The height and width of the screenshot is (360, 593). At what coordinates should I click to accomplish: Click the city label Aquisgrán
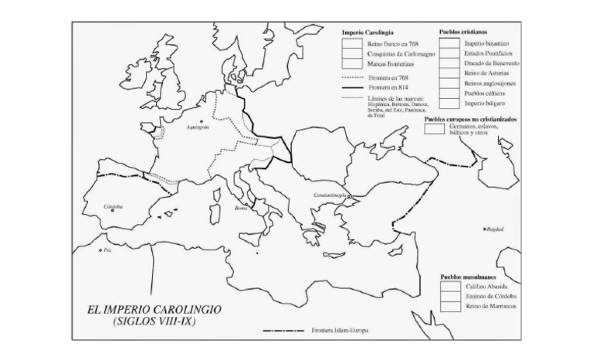(198, 128)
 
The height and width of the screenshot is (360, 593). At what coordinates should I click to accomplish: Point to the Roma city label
(241, 209)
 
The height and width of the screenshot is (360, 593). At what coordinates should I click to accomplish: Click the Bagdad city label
(494, 229)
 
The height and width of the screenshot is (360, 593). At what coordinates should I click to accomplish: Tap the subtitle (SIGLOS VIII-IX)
(154, 321)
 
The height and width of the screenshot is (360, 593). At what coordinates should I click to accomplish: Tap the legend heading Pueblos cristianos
(463, 32)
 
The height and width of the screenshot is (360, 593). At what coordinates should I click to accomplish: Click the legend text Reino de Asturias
(486, 73)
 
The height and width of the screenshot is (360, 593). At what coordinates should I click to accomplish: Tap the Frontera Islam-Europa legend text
(340, 331)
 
